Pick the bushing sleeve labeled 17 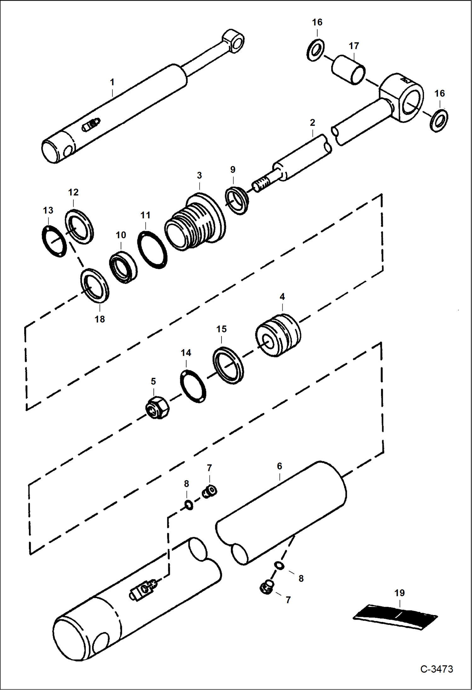(348, 70)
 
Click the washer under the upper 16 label (316, 50)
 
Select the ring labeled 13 (54, 241)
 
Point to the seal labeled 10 (123, 267)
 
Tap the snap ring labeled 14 (193, 386)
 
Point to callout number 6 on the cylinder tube (279, 466)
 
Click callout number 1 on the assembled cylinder (112, 82)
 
